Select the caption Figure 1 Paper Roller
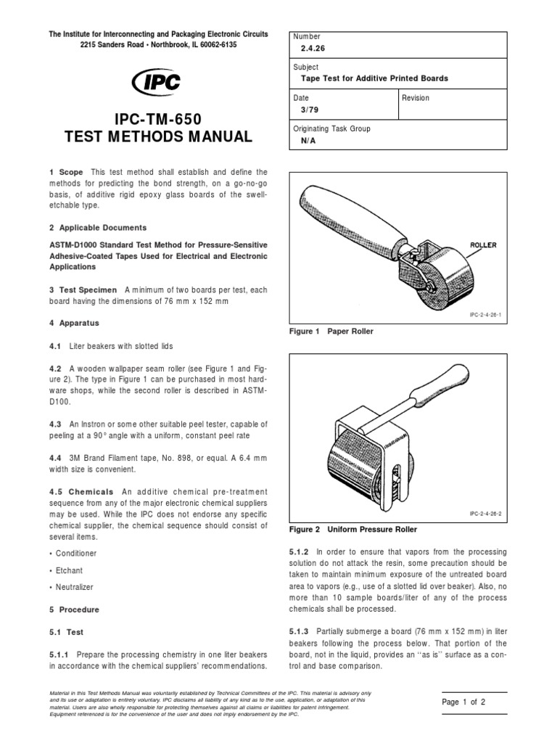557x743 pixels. [332, 331]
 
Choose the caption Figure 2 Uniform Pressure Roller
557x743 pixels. [347, 530]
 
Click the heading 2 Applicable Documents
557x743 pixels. [98, 228]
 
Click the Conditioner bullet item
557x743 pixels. [75, 554]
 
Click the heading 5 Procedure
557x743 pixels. [74, 609]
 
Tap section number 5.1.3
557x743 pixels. [301, 631]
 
